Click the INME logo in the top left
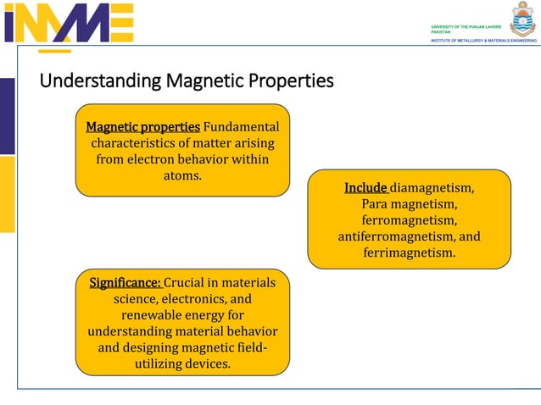pyautogui.click(x=69, y=23)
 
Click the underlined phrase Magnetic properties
pyautogui.click(x=143, y=127)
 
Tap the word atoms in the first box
pyautogui.click(x=182, y=175)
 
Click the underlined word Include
pyautogui.click(x=365, y=188)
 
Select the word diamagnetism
pyautogui.click(x=432, y=188)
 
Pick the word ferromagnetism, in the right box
pyautogui.click(x=410, y=220)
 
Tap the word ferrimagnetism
pyautogui.click(x=410, y=252)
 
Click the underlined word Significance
pyautogui.click(x=125, y=283)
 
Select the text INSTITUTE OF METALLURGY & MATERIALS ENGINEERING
pyautogui.click(x=483, y=40)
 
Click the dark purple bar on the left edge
pyautogui.click(x=7, y=116)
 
